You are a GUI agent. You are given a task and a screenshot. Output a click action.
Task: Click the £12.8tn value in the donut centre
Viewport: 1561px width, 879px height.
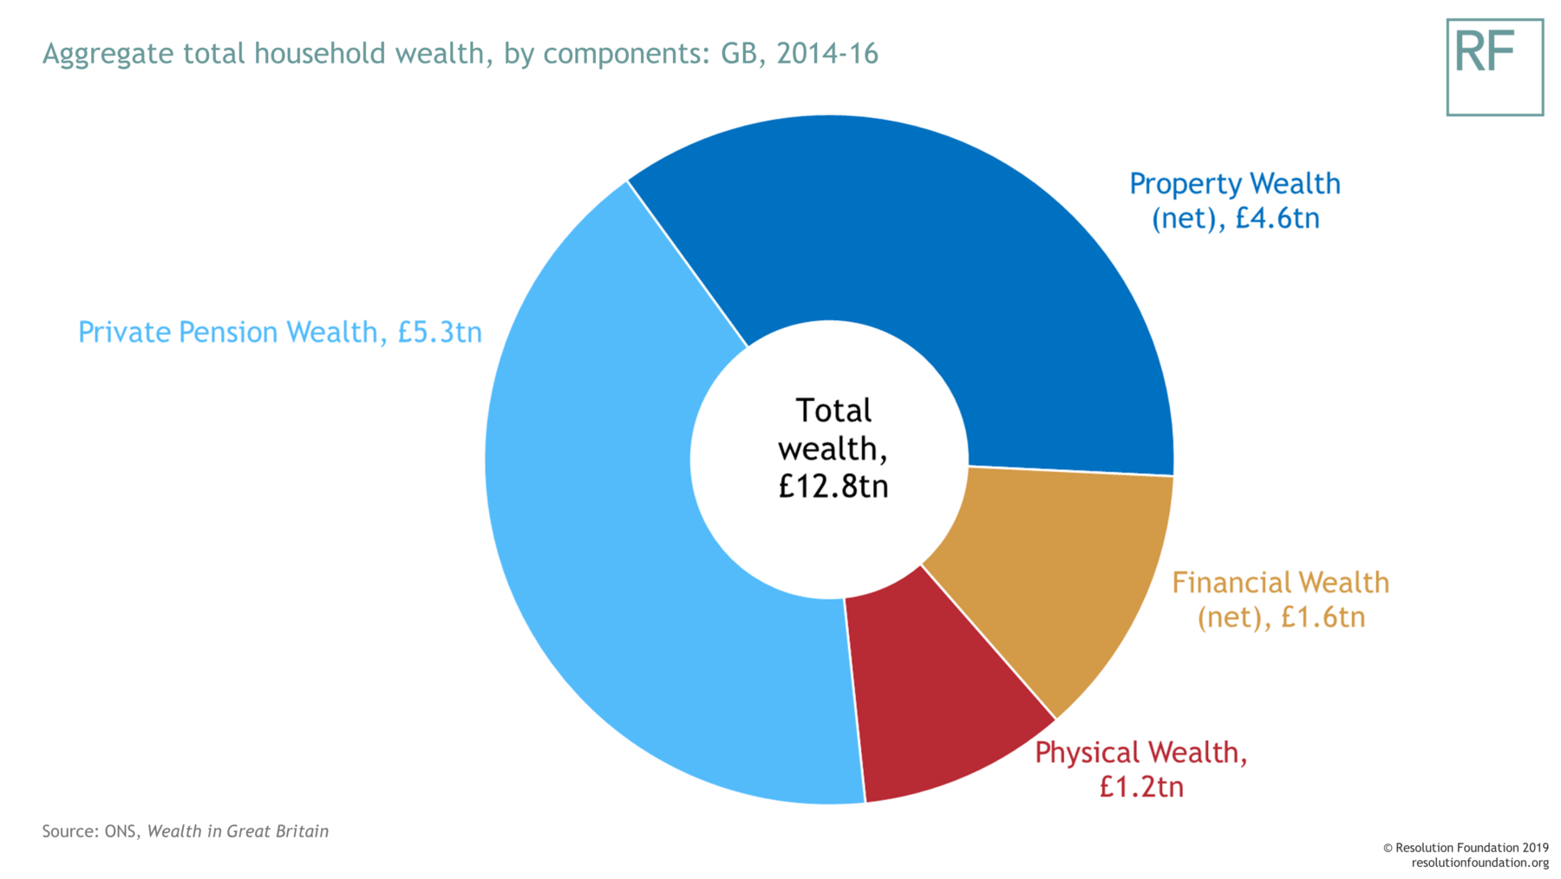pos(833,486)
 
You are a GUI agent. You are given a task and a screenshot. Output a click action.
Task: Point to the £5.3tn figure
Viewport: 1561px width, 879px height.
pos(440,332)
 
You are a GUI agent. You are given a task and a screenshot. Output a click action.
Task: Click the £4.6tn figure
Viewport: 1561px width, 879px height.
pos(1277,218)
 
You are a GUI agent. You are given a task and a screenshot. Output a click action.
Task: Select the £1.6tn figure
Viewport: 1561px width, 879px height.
pos(1323,617)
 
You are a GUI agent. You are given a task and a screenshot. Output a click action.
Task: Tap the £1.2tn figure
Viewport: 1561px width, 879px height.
pos(1140,787)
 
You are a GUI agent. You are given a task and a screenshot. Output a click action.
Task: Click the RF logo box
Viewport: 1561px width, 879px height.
pos(1494,67)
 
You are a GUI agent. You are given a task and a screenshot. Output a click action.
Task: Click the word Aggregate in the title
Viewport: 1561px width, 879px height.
pos(108,54)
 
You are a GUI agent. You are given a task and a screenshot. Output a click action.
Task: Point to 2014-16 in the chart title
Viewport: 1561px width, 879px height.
pos(827,54)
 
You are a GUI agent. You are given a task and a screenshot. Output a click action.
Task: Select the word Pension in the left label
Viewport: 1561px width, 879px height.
pos(229,332)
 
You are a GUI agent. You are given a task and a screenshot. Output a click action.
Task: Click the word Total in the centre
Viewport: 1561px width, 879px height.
pos(833,410)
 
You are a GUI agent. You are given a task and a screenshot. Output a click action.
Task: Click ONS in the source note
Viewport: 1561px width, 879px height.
pos(120,831)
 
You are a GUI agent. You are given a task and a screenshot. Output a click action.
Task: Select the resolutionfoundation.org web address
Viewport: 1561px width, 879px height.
pos(1479,863)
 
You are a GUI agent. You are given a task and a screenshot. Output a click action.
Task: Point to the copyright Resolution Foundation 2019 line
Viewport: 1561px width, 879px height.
pos(1466,848)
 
